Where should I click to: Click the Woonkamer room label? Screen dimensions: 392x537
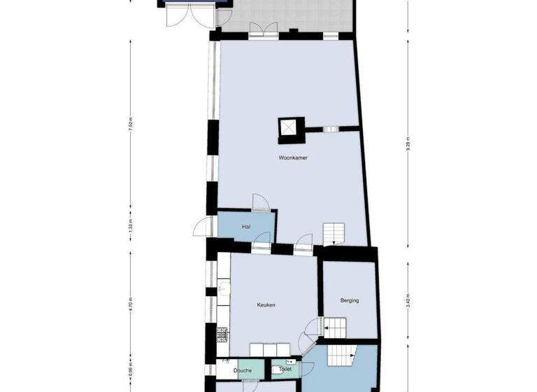293,158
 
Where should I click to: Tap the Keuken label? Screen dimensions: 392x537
266,305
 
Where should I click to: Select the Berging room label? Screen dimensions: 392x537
350,301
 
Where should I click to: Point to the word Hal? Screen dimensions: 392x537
245,227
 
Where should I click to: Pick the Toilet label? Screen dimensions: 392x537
285,369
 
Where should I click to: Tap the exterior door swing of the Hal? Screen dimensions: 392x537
203,227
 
